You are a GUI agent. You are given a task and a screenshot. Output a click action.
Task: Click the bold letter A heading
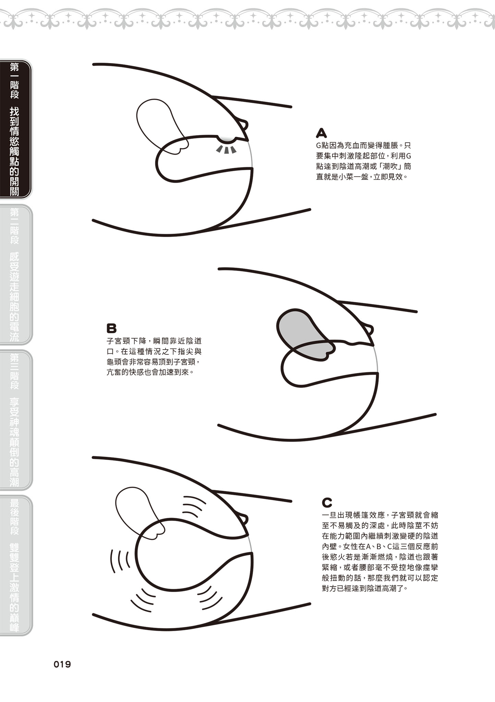coord(321,133)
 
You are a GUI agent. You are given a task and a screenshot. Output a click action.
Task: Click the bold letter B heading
coord(111,328)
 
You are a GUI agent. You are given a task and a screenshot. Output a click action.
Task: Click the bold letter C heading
coord(327,503)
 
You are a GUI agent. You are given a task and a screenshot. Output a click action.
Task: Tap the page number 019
coord(62,665)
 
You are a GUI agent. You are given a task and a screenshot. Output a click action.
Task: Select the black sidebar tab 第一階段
coord(15,129)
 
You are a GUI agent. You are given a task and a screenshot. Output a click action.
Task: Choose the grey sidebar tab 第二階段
coord(15,274)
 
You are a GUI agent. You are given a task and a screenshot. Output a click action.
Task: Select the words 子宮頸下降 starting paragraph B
coord(126,341)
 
